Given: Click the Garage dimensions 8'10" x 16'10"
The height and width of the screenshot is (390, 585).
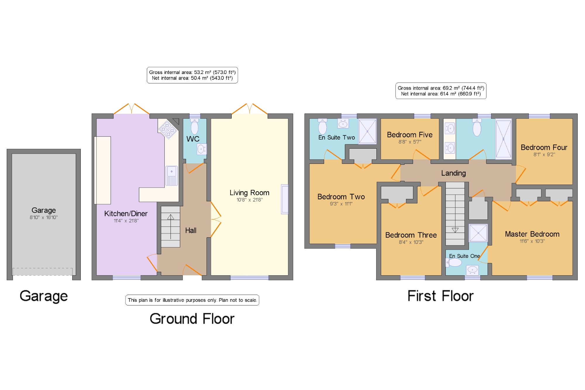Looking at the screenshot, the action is tap(44, 217).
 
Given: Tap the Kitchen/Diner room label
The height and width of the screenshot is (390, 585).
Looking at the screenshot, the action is tap(126, 214).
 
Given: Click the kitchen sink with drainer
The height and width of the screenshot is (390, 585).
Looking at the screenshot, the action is tap(172, 176).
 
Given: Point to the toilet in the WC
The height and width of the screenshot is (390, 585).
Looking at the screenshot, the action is tap(195, 126).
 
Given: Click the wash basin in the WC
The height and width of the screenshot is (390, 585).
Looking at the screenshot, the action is tap(202, 149).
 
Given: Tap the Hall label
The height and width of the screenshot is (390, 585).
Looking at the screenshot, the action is tap(191, 231).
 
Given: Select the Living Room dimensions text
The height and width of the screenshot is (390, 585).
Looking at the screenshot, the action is tap(250, 200).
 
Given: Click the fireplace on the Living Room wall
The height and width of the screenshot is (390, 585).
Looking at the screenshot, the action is tap(285, 199).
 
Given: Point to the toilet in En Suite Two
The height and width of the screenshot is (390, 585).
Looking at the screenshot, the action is tap(322, 126).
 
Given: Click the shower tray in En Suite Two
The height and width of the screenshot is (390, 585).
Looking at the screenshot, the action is tap(367, 131).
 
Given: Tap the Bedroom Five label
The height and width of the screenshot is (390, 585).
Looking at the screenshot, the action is tap(409, 135).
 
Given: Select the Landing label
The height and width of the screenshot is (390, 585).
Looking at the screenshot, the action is tap(453, 173).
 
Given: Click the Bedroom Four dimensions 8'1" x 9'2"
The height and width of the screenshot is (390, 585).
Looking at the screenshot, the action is tap(544, 154).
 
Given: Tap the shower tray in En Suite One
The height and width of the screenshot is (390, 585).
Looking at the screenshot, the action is tap(478, 233).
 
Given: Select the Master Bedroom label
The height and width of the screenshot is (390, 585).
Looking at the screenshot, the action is tap(532, 234).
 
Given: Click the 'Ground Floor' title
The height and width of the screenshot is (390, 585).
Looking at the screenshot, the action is tap(192, 319).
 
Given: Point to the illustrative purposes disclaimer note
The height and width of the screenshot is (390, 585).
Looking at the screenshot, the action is tap(192, 300).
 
